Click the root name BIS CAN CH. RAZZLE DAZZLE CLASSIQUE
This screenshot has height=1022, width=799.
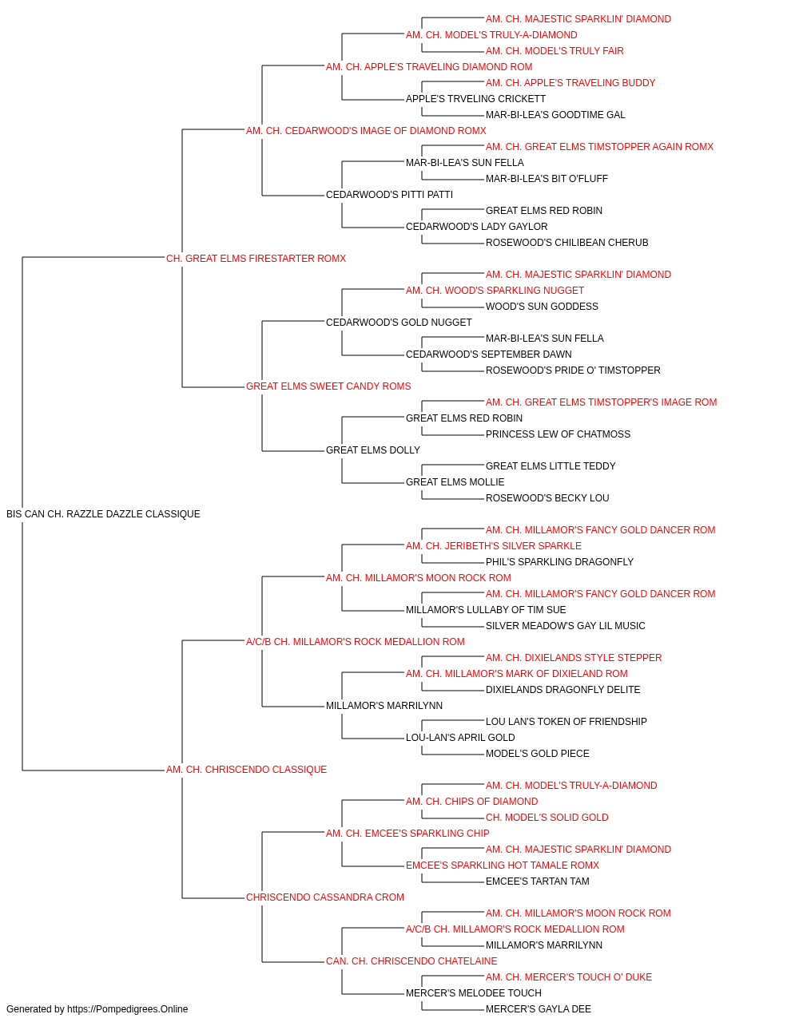103,514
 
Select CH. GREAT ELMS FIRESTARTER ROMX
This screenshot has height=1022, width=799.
256,259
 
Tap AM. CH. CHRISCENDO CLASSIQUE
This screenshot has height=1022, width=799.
246,770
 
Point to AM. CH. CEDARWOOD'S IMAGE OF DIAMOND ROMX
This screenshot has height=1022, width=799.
366,131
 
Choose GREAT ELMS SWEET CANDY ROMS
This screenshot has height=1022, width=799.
328,386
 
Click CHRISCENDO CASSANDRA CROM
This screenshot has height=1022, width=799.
325,897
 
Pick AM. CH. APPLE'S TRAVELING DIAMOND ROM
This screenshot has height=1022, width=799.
429,67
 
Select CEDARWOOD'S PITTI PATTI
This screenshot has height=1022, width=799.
390,195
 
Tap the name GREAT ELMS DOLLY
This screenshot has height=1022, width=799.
373,450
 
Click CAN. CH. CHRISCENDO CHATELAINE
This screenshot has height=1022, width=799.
411,961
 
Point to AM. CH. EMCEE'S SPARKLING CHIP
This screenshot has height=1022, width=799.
407,834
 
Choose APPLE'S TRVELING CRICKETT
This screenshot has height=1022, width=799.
475,99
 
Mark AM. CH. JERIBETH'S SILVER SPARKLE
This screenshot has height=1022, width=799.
494,546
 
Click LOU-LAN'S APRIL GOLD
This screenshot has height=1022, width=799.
460,738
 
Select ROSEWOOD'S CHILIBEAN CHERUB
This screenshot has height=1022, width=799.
567,243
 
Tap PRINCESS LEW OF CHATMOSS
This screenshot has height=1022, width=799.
558,434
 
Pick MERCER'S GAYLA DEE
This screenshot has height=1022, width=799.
539,1009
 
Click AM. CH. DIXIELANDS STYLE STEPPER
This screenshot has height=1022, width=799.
574,657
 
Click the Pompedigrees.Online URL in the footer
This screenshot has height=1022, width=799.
127,1009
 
